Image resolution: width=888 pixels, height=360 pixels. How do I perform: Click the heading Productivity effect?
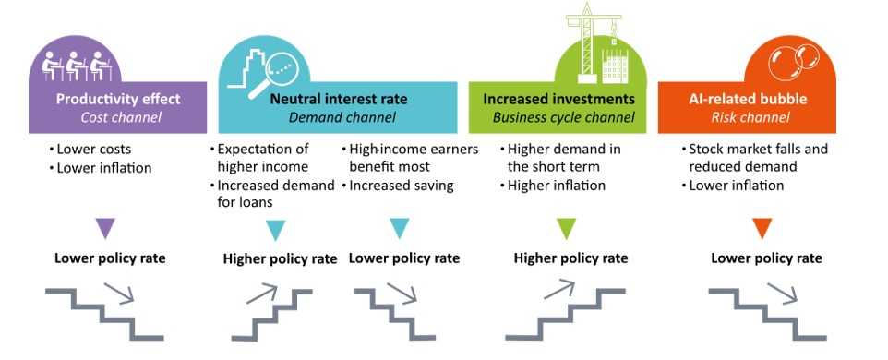tap(118, 99)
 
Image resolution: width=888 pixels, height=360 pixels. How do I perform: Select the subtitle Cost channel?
tap(121, 118)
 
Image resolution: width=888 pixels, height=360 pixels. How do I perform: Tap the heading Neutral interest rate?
tap(339, 99)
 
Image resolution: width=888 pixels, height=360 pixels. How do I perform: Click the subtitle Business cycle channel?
tap(563, 118)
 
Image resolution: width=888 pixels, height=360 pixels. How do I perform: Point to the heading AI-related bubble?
tap(748, 99)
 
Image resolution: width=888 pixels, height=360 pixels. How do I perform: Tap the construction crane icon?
tap(592, 42)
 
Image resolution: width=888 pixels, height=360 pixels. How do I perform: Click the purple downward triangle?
tap(105, 229)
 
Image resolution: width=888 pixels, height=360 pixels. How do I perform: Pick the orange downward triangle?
tap(762, 229)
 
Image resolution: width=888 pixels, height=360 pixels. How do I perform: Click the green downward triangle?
tap(566, 229)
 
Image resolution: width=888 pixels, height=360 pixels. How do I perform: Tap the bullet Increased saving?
tap(398, 186)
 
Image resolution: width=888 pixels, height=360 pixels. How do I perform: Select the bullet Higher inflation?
tap(553, 186)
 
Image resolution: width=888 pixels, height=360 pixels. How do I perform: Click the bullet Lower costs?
tap(90, 150)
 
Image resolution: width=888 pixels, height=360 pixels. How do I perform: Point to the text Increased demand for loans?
tap(272, 194)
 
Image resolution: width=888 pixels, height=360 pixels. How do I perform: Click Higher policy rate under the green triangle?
tap(570, 258)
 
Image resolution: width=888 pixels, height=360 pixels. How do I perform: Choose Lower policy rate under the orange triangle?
tap(766, 258)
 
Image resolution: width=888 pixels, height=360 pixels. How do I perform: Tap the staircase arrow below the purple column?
tap(119, 294)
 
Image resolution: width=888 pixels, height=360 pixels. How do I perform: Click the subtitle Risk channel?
tap(750, 118)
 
